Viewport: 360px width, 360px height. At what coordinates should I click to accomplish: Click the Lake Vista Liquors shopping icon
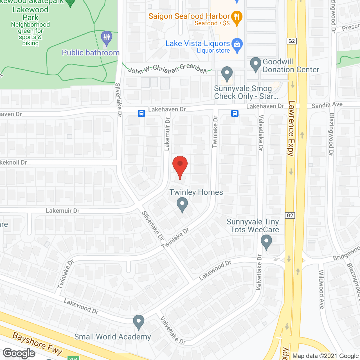(x=237, y=45)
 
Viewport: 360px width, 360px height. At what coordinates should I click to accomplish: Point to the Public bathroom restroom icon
(x=107, y=38)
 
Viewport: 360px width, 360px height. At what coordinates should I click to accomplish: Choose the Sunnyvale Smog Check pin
(x=227, y=74)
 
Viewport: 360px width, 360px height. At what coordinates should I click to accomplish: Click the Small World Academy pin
(x=138, y=322)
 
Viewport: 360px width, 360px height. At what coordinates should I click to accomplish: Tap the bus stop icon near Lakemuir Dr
(x=141, y=113)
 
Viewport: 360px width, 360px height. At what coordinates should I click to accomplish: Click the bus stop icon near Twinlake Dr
(x=235, y=113)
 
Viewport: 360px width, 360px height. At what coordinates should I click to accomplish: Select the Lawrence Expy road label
(x=292, y=128)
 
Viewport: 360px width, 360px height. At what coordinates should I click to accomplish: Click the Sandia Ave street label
(x=327, y=105)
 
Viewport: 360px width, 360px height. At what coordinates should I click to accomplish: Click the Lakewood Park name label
(x=30, y=13)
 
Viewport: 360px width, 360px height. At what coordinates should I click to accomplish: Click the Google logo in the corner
(x=19, y=353)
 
